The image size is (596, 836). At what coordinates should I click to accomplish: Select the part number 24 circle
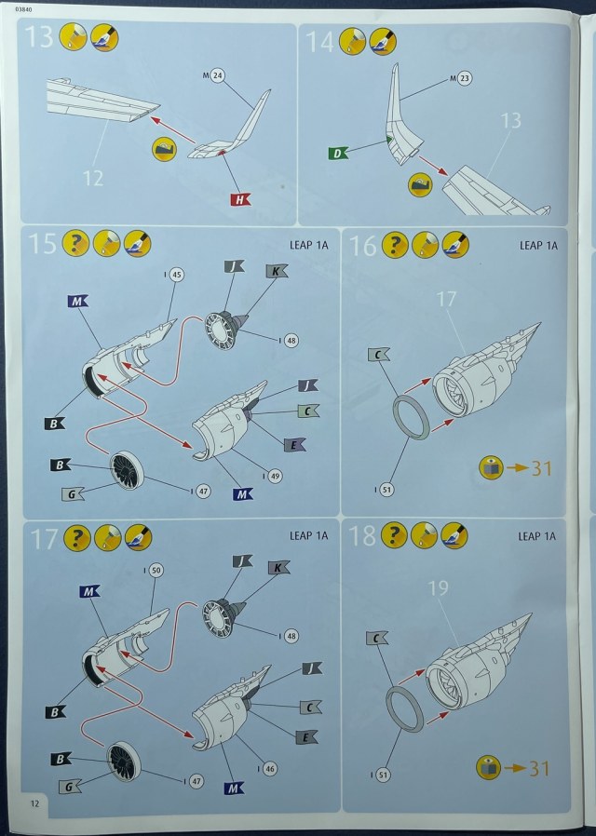tap(216, 74)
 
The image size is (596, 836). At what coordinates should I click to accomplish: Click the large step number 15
tap(43, 244)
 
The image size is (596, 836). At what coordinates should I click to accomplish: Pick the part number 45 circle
tap(176, 274)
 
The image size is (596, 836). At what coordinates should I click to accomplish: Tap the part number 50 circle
tap(156, 569)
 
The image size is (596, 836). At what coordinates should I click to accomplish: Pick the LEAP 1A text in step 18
tap(536, 535)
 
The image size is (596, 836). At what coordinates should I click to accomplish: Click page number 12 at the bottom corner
tap(35, 802)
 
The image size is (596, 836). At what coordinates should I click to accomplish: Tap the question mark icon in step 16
tap(395, 246)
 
